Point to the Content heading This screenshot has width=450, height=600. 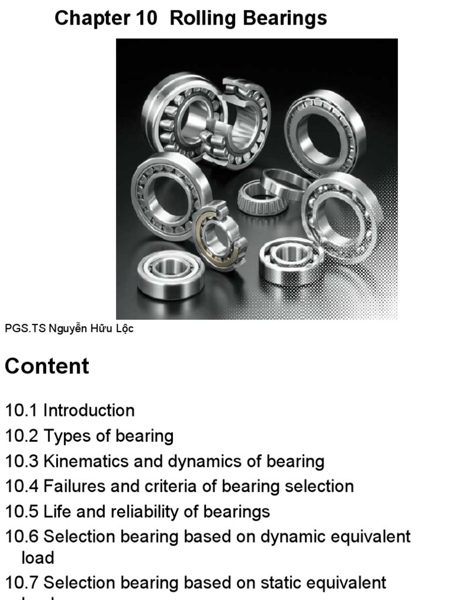click(47, 366)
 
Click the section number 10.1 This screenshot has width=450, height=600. click(22, 411)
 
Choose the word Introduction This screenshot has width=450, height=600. click(89, 411)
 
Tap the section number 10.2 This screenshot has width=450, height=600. click(22, 436)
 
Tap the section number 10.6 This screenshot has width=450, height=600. click(22, 537)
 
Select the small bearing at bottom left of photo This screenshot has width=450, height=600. click(171, 272)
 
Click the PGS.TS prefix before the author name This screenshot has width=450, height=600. click(24, 329)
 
